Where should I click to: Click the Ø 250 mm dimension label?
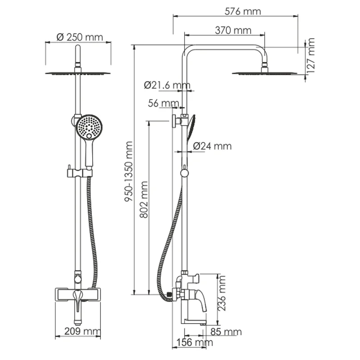coord(80,37)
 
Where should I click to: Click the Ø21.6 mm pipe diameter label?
coord(167,85)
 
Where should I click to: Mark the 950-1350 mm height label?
coord(129,171)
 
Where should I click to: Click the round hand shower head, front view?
coord(89,127)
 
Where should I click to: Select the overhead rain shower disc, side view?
coord(265,72)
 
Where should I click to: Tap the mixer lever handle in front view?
coord(78,299)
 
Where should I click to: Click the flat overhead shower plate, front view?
coord(78,73)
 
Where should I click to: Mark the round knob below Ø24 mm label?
coord(184,173)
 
